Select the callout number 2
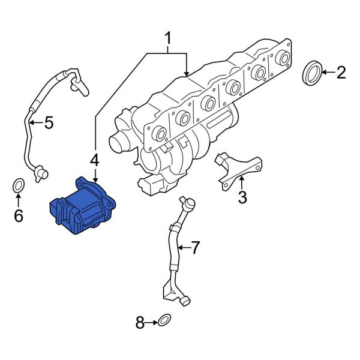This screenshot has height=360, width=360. pos(341,73)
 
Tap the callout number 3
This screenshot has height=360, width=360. pos(242,197)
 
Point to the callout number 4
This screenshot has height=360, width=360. pos(94,160)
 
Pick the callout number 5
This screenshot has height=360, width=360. pos(48,123)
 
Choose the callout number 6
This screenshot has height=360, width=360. pos(19,215)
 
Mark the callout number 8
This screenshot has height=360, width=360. pos(140,323)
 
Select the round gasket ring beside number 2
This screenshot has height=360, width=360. pos(312,73)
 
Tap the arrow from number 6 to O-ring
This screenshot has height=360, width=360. pos(19,200)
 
